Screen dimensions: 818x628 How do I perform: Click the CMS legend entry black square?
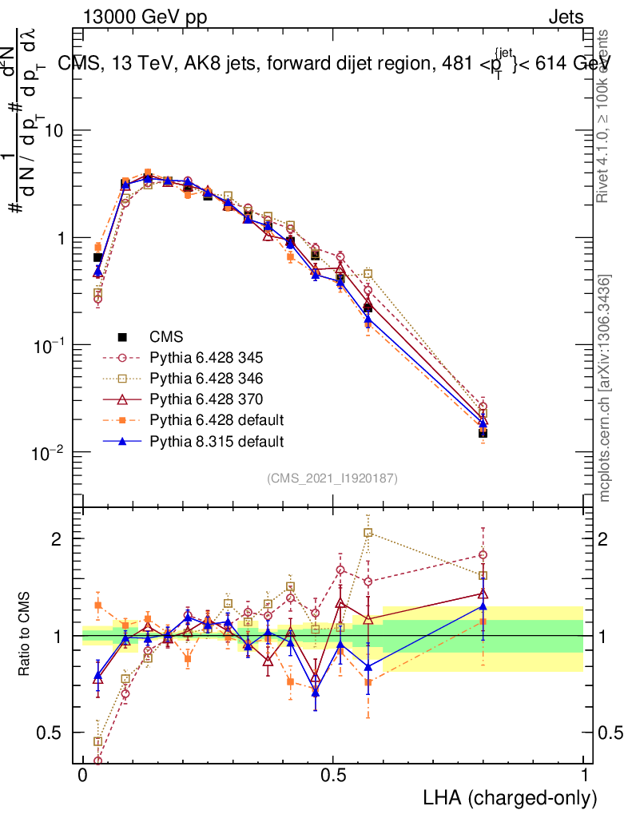(x=122, y=336)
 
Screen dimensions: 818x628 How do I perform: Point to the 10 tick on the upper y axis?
(x=54, y=131)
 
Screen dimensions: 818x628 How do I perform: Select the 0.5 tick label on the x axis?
(x=333, y=776)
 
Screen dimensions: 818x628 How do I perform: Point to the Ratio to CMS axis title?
(x=26, y=634)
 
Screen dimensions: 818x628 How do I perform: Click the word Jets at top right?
(x=566, y=18)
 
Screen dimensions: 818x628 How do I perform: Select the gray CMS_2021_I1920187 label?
(x=332, y=478)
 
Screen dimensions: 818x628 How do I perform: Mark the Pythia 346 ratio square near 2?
(x=368, y=532)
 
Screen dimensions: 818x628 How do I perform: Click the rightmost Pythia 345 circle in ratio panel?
(x=483, y=554)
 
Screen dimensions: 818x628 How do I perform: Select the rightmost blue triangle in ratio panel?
(x=483, y=606)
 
